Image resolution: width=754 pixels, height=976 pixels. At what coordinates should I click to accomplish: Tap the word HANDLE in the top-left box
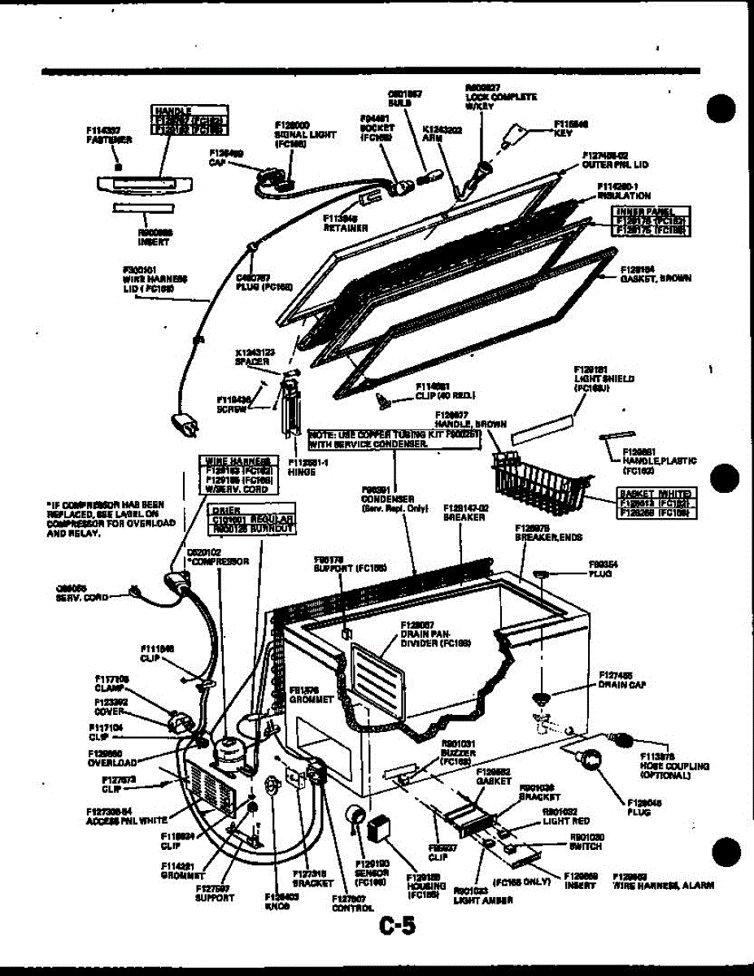(172, 110)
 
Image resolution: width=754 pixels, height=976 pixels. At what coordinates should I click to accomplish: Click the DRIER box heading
(224, 511)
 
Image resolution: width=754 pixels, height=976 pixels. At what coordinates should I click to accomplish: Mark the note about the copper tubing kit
(396, 439)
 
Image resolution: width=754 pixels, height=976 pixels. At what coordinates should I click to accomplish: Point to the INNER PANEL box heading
(652, 212)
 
